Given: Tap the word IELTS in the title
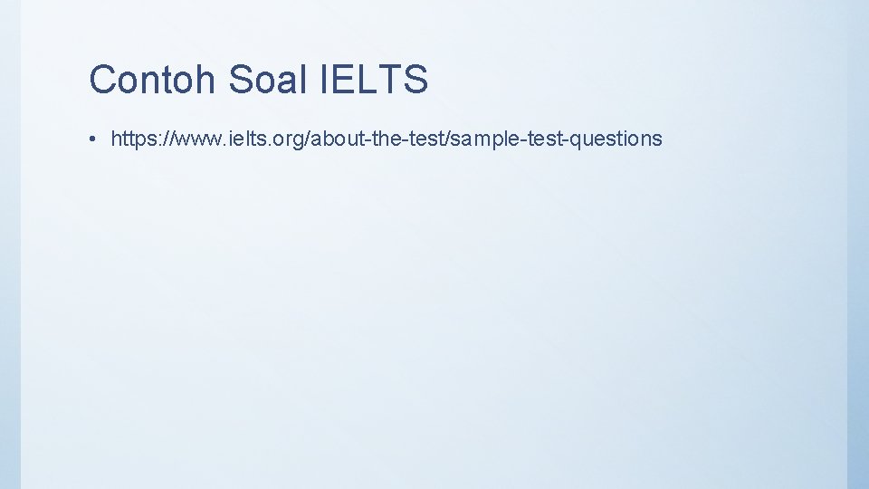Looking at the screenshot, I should tap(374, 80).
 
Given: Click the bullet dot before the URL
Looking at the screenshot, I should tap(93, 139).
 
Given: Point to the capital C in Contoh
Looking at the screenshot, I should tap(102, 80).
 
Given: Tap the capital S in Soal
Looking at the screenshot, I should tap(240, 80).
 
